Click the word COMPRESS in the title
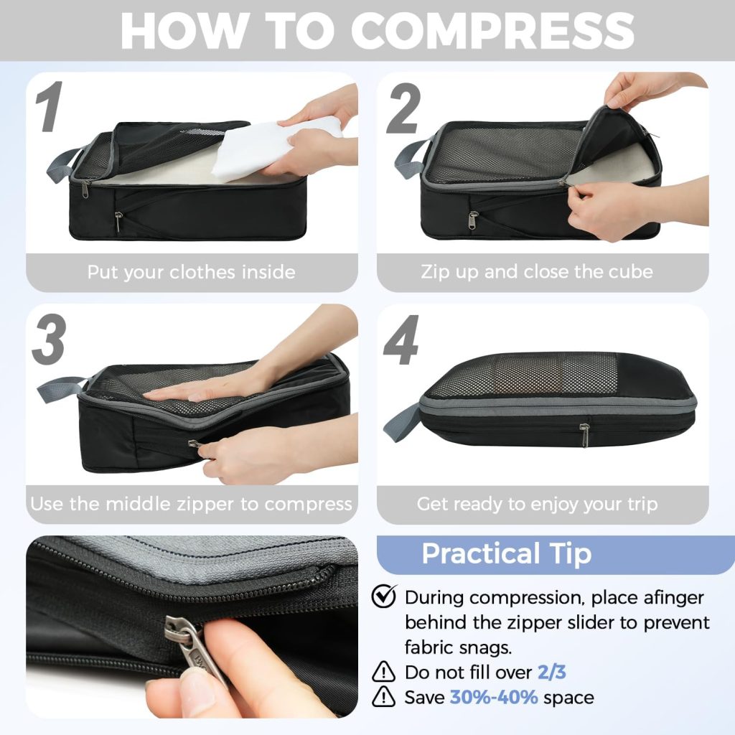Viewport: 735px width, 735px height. coord(492,30)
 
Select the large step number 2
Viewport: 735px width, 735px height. coord(403,108)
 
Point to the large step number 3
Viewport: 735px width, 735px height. coord(50,340)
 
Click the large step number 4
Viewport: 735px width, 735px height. coord(401,340)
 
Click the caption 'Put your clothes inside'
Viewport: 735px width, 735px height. coord(191,272)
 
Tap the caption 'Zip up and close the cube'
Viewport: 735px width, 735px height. coord(537,271)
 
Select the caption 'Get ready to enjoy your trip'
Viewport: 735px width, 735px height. coord(537,504)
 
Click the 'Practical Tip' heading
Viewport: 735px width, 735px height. coord(506,554)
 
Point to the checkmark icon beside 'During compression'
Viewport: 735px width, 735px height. coord(384,596)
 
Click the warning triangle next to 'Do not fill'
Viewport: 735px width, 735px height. coord(383,672)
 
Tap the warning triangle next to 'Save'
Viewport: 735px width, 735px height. coord(383,696)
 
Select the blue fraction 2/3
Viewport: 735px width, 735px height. coord(552,672)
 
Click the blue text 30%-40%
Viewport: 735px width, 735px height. coord(494,697)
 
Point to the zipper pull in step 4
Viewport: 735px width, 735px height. coord(584,435)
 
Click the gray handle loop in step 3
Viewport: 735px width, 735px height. coord(61,388)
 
